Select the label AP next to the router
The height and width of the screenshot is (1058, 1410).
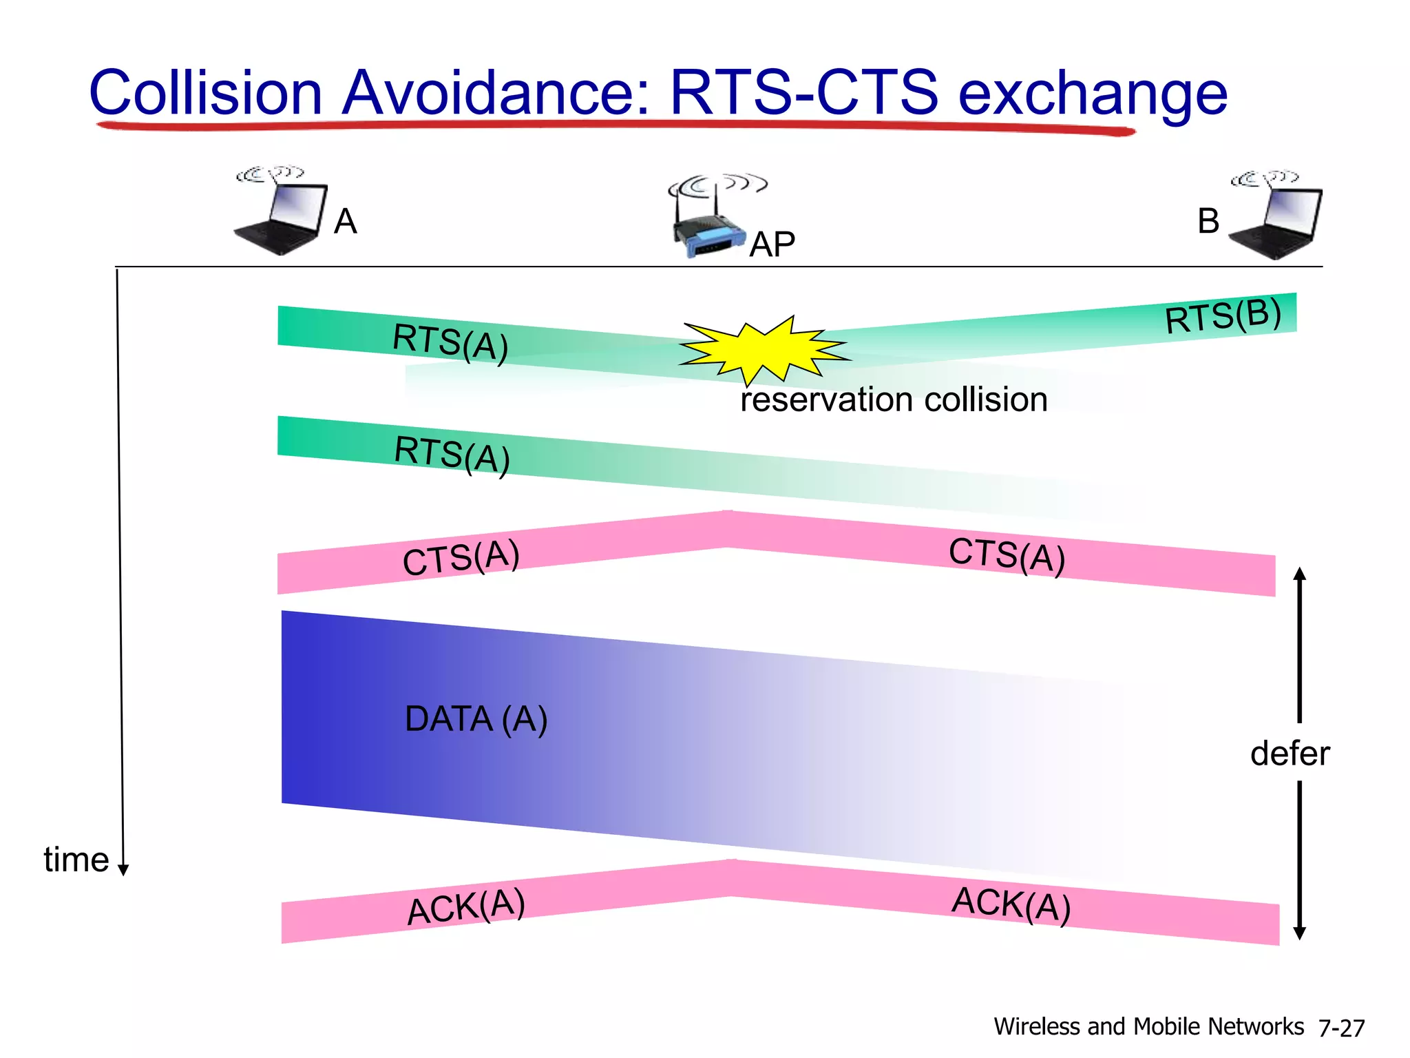click(x=772, y=245)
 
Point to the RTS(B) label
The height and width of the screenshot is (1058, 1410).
click(x=1223, y=315)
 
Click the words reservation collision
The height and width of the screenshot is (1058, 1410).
click(x=894, y=400)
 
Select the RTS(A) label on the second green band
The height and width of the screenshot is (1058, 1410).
click(x=452, y=455)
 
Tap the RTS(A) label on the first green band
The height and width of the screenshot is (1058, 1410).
click(x=450, y=342)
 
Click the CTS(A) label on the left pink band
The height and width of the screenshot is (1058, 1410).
click(x=461, y=557)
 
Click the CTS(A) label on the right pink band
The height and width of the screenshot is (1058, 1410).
click(x=1007, y=555)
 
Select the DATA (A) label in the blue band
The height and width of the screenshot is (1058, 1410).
click(x=476, y=719)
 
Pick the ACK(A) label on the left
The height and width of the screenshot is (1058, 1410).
click(x=466, y=906)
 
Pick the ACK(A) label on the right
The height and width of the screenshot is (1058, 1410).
click(x=1011, y=904)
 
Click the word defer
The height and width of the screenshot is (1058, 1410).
click(x=1290, y=753)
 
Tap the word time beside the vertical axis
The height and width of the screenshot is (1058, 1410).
click(x=76, y=860)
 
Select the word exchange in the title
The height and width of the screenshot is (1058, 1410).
click(x=1093, y=93)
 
